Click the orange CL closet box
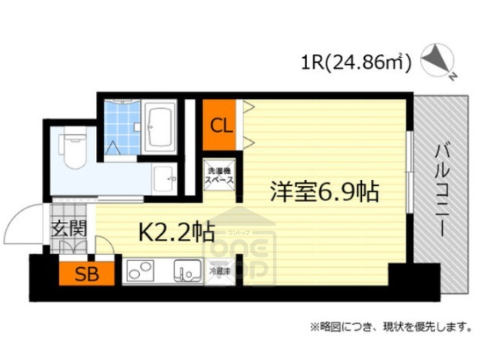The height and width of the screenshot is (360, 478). click(x=220, y=124)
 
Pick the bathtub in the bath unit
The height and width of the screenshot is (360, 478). click(x=160, y=126)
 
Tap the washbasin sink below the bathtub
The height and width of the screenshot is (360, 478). click(x=164, y=178)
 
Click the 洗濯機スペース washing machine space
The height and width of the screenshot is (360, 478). click(x=220, y=176)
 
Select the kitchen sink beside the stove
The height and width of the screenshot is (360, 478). click(x=187, y=271)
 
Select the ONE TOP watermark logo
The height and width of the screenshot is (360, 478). click(x=239, y=255)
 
